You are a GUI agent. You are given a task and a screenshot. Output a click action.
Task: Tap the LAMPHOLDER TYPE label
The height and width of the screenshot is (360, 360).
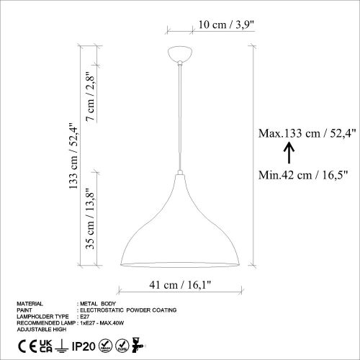point(40,315)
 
